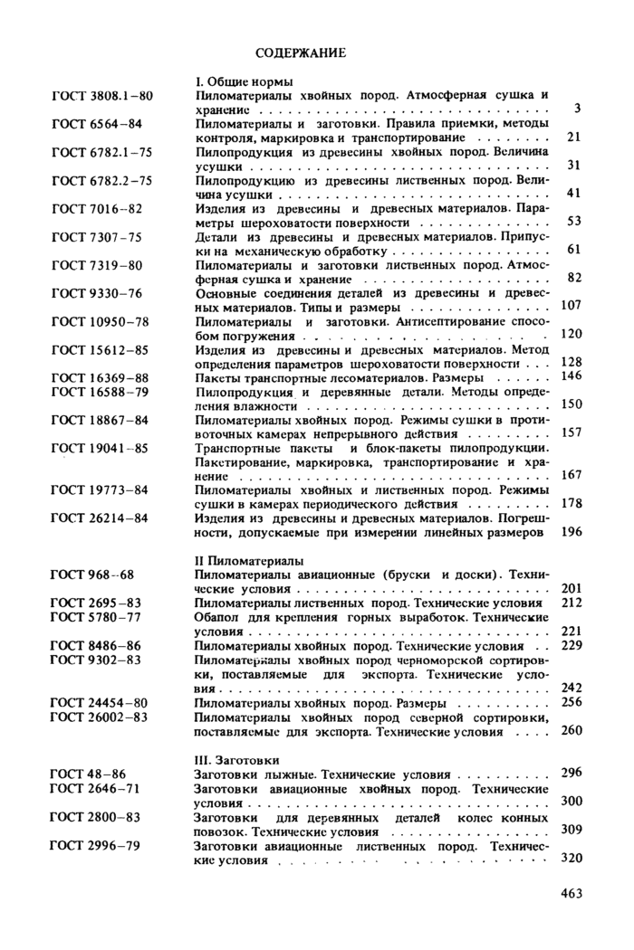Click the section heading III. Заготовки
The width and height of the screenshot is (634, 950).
pos(237,760)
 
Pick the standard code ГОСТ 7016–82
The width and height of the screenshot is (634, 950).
pos(97,208)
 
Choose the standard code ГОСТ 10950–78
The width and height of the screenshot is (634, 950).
pos(100,321)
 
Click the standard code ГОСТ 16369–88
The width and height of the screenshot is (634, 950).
pos(100,376)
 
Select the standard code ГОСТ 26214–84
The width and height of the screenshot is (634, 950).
pos(100,518)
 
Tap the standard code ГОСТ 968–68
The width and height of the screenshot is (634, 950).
pos(92,575)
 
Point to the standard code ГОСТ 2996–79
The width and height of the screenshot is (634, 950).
pos(96,845)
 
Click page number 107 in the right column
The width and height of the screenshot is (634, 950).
pos(571,306)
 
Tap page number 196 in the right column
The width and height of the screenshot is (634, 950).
pos(571,532)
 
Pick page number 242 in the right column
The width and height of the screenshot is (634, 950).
pos(571,688)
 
